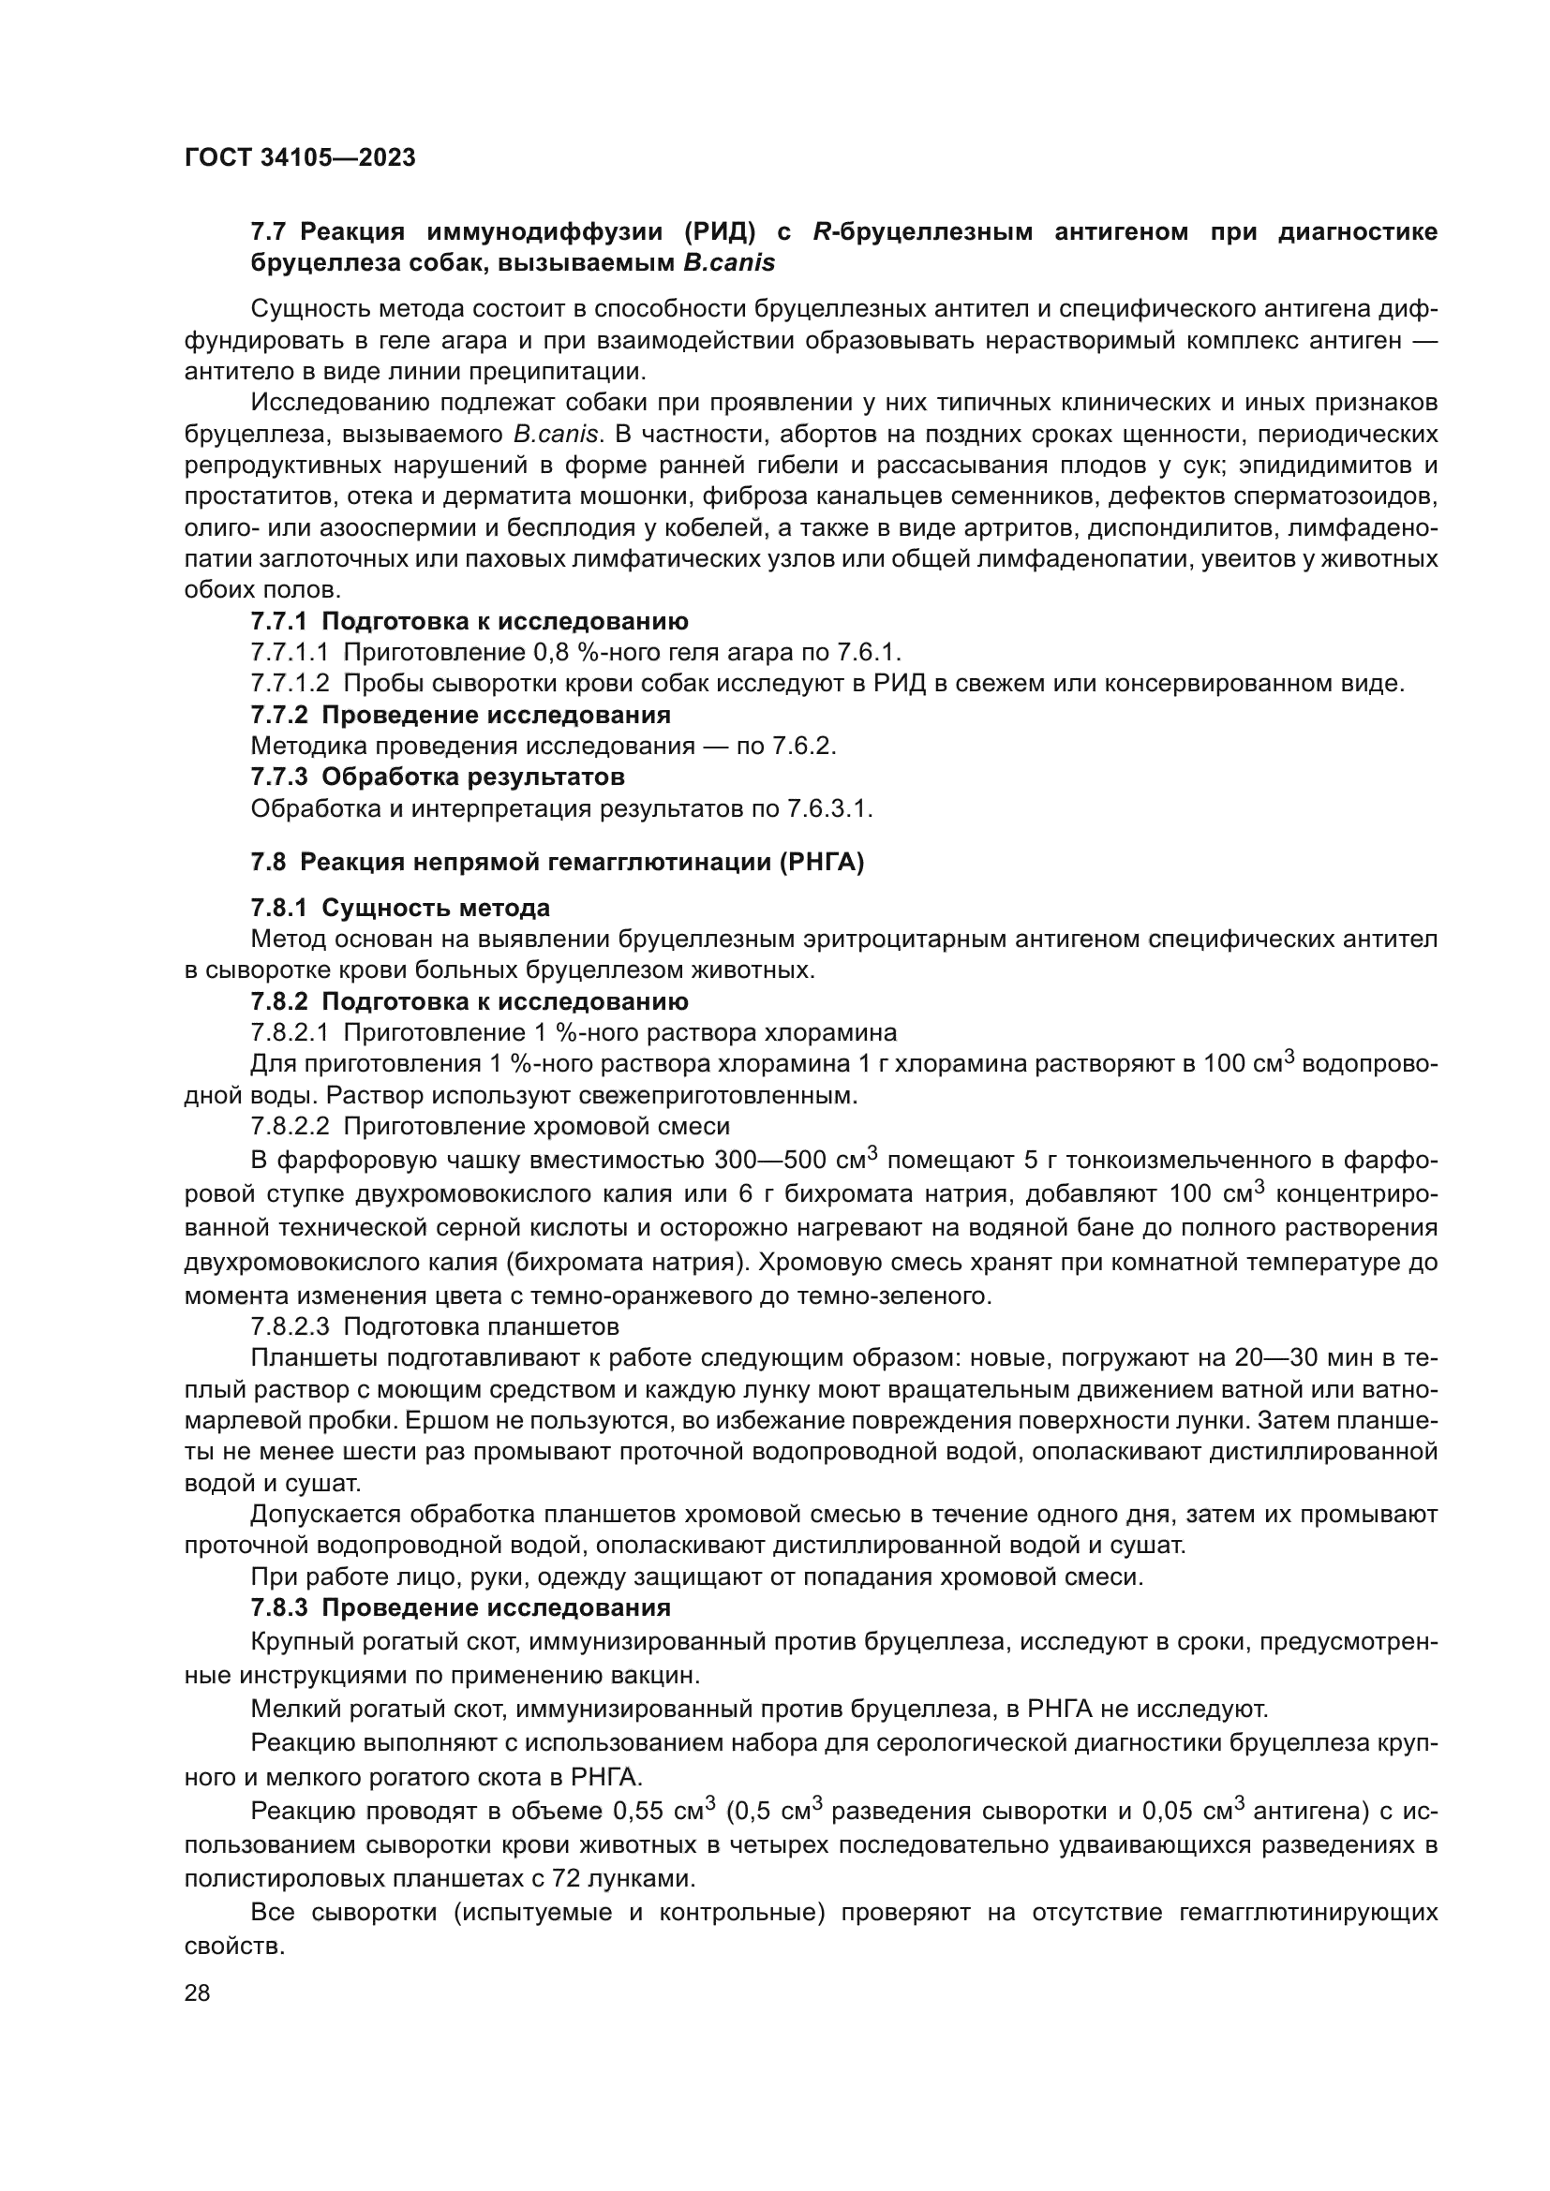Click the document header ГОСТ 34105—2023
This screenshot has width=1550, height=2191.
[x=300, y=158]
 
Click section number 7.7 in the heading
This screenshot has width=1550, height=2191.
[x=270, y=232]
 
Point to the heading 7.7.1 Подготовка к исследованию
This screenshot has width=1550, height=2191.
[x=469, y=621]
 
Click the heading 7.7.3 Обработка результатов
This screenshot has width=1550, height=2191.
[x=438, y=777]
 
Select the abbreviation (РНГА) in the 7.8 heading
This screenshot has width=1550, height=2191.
[x=821, y=863]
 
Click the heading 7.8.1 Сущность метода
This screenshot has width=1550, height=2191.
[x=401, y=908]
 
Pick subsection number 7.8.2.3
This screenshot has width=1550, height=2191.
[x=291, y=1326]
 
